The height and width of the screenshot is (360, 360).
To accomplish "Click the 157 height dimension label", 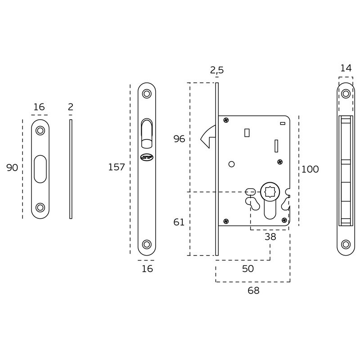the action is pos(117,167).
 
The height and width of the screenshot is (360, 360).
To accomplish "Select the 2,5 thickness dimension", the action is pos(217,70).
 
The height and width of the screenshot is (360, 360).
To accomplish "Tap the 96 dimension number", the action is pos(179,139).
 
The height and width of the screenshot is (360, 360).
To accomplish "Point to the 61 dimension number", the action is pos(179,222).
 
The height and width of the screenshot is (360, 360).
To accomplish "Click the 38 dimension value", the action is pos(270,237).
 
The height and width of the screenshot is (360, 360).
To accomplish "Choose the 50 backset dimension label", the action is pos(248,269).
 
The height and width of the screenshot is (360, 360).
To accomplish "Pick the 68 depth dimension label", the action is pos(253,291).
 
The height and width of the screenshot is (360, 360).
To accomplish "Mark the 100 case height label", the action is pos(310,170).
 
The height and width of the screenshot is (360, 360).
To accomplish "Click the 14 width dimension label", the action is pos(346,68).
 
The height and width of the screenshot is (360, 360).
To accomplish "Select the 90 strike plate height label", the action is pos(12,167).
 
